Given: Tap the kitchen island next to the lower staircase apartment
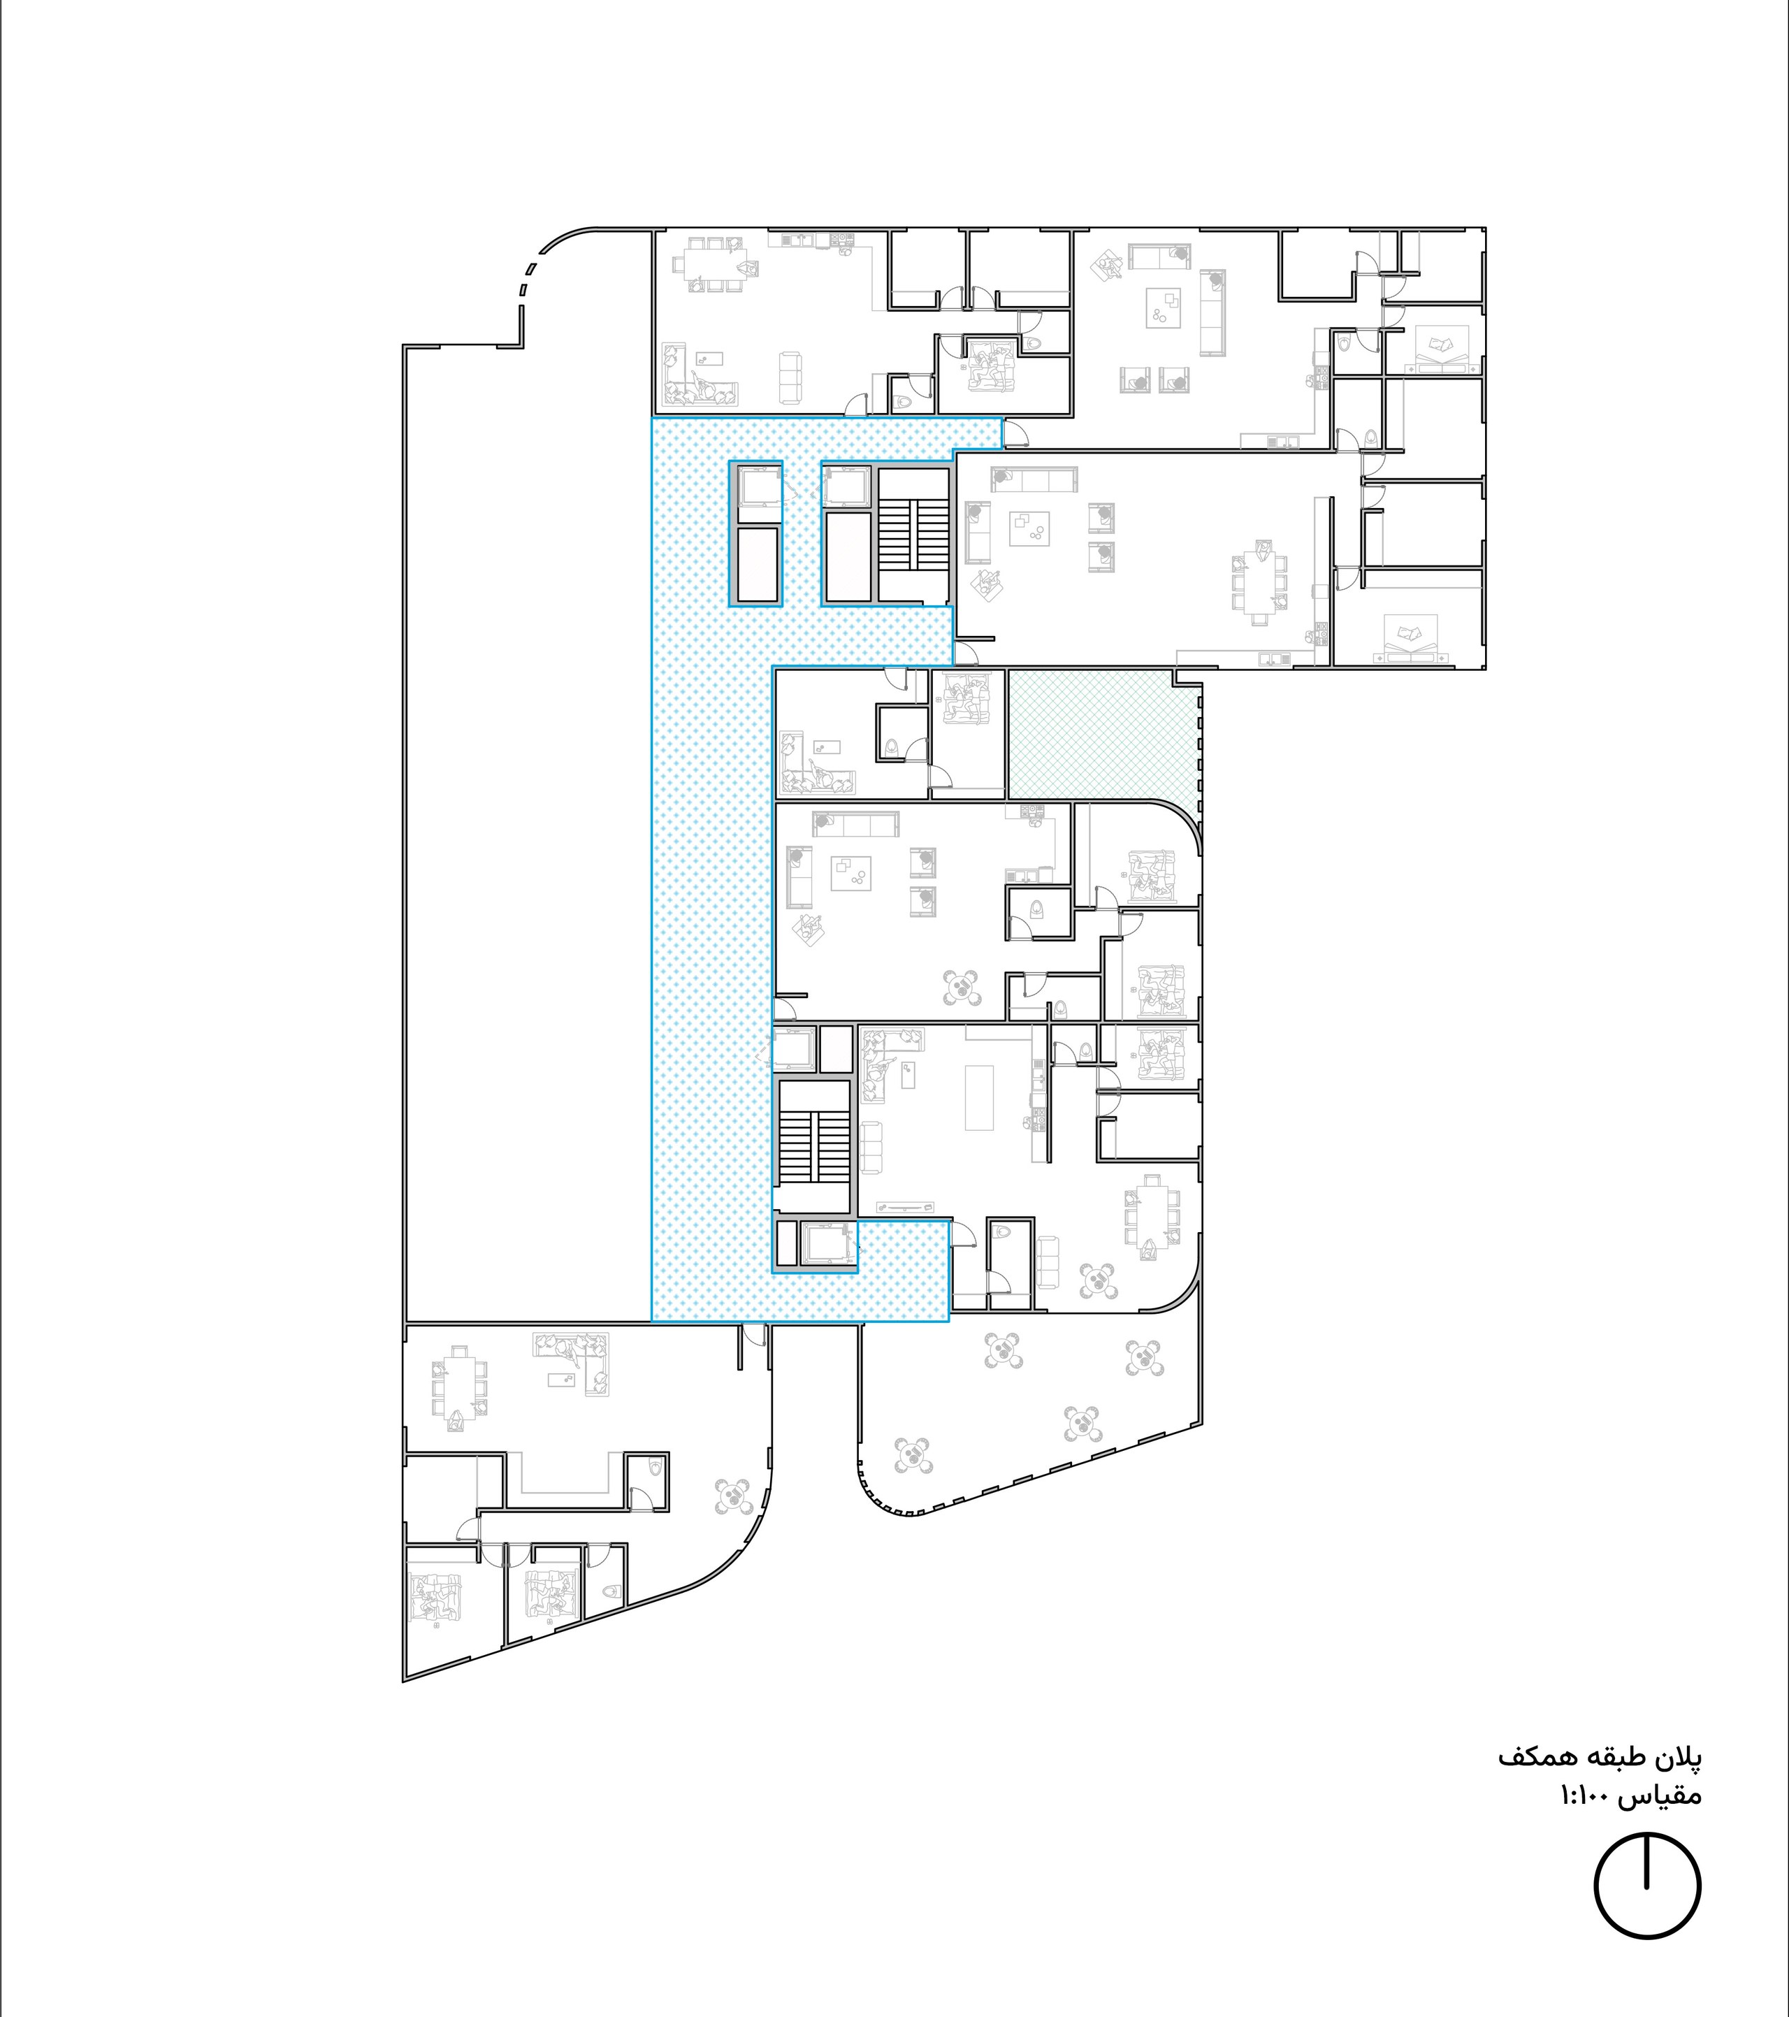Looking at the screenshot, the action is pos(979,1097).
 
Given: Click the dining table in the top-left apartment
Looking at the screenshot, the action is pos(709,263).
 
